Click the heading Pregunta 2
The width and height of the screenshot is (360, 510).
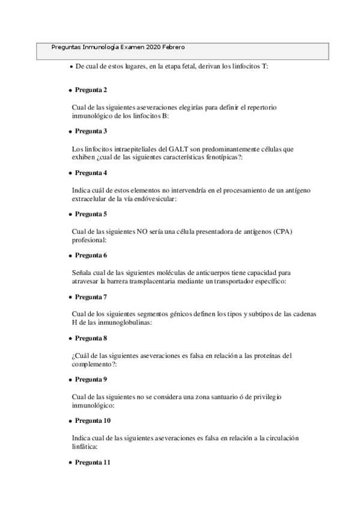[91, 90]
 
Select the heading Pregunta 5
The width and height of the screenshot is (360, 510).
[91, 214]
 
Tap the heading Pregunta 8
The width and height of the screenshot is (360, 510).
[91, 338]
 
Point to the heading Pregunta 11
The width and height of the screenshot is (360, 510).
[93, 462]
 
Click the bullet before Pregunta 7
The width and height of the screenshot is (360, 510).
[70, 297]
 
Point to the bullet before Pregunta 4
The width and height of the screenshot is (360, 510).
[70, 173]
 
